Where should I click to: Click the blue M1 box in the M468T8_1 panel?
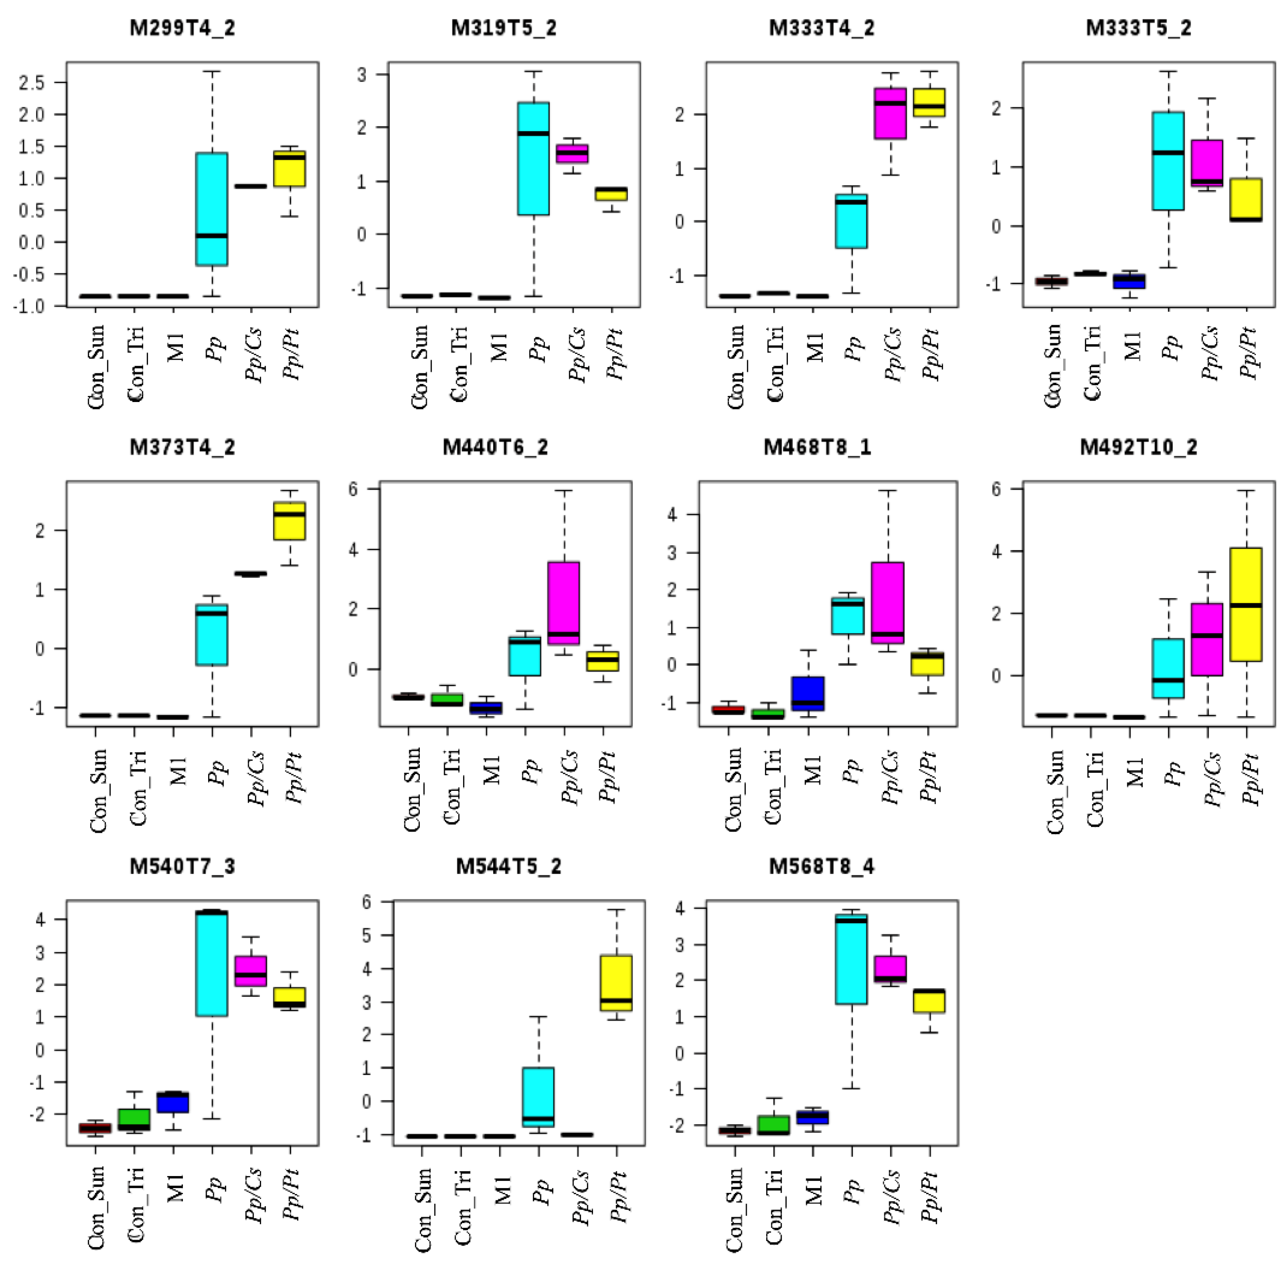pyautogui.click(x=808, y=693)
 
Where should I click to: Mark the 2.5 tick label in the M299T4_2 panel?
pyautogui.click(x=32, y=82)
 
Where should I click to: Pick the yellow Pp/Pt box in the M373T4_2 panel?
pyautogui.click(x=289, y=521)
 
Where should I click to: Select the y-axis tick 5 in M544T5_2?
pyautogui.click(x=385, y=935)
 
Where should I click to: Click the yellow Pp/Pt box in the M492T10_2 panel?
pyautogui.click(x=1246, y=604)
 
